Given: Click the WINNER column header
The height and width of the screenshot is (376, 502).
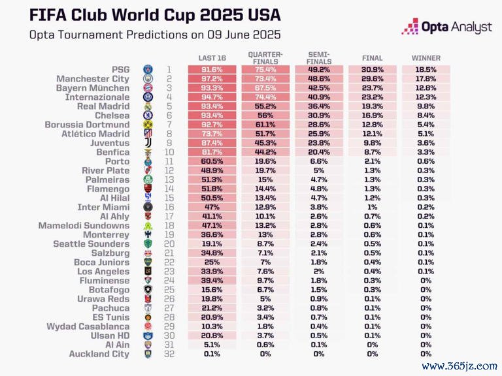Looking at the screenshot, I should (x=426, y=57).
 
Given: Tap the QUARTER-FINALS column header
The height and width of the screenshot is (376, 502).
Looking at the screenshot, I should (x=265, y=57).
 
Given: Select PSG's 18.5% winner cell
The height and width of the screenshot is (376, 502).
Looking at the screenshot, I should (x=426, y=69).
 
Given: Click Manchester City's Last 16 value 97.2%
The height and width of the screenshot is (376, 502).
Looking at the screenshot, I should (x=212, y=78).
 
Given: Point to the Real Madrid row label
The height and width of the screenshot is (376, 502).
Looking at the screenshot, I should (x=103, y=106).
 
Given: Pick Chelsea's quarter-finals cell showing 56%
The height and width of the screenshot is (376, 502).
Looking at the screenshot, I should (x=265, y=116).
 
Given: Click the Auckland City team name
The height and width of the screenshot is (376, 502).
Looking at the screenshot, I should (x=99, y=354).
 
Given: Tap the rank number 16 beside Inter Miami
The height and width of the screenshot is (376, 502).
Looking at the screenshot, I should (x=168, y=207).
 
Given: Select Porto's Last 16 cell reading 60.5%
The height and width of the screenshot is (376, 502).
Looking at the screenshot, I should (x=212, y=161).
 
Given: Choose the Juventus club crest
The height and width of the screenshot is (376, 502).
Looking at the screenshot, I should (x=148, y=143).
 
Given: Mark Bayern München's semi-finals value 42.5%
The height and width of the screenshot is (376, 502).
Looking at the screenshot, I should (x=318, y=87).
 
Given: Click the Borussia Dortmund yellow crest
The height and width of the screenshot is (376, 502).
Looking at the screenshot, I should (x=148, y=125).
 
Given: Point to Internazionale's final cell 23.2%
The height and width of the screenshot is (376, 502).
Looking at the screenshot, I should (x=372, y=97).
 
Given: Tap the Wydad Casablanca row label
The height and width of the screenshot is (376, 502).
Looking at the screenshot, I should (x=88, y=326).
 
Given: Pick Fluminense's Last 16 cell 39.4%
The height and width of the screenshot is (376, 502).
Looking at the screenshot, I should (x=212, y=281).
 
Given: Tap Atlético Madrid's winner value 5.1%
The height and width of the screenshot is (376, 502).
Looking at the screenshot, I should (x=426, y=134).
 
